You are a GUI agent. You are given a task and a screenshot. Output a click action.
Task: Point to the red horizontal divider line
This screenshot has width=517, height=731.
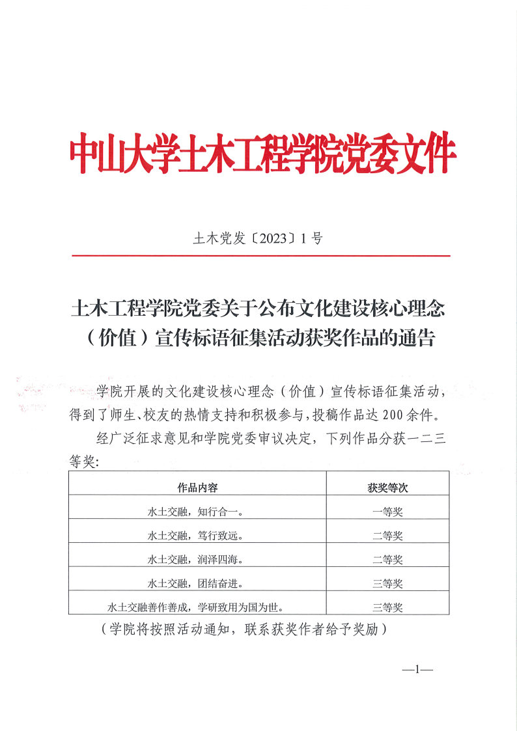point(260,256)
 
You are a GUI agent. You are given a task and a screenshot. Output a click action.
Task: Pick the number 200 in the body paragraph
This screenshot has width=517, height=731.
point(400,414)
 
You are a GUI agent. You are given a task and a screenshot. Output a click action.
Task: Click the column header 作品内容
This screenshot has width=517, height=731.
point(197,488)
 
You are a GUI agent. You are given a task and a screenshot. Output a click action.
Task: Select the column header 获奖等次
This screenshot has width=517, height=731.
point(387,488)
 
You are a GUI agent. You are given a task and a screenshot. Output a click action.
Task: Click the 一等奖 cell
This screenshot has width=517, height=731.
point(387,512)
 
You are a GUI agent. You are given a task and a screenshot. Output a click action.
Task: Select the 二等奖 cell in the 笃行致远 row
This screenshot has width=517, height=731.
point(387,536)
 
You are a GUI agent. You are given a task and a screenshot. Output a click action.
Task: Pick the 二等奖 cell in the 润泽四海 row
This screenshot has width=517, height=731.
point(387,559)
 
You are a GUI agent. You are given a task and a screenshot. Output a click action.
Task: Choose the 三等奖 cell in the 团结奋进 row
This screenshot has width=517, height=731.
point(387,583)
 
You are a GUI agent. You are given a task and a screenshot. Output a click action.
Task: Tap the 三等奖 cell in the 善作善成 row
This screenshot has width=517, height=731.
point(387,607)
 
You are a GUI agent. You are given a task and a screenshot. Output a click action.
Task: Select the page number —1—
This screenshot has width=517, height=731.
point(418,669)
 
